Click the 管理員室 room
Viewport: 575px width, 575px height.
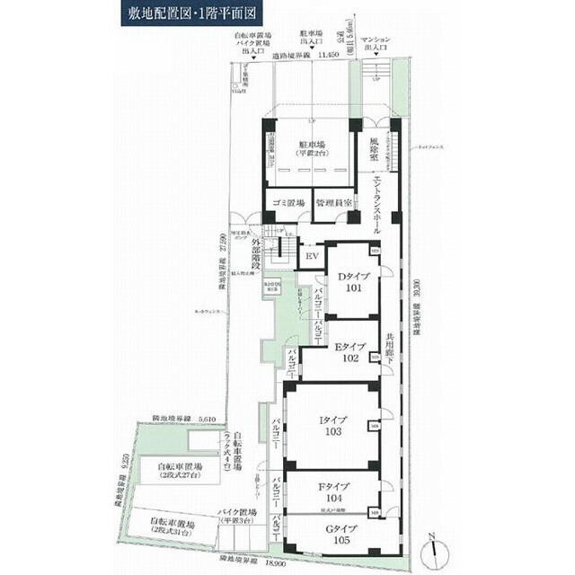pyautogui.click(x=332, y=203)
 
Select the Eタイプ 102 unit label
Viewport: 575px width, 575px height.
pyautogui.click(x=348, y=351)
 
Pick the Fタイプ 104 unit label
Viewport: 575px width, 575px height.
pyautogui.click(x=333, y=492)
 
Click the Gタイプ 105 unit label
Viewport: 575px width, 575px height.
pyautogui.click(x=333, y=535)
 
